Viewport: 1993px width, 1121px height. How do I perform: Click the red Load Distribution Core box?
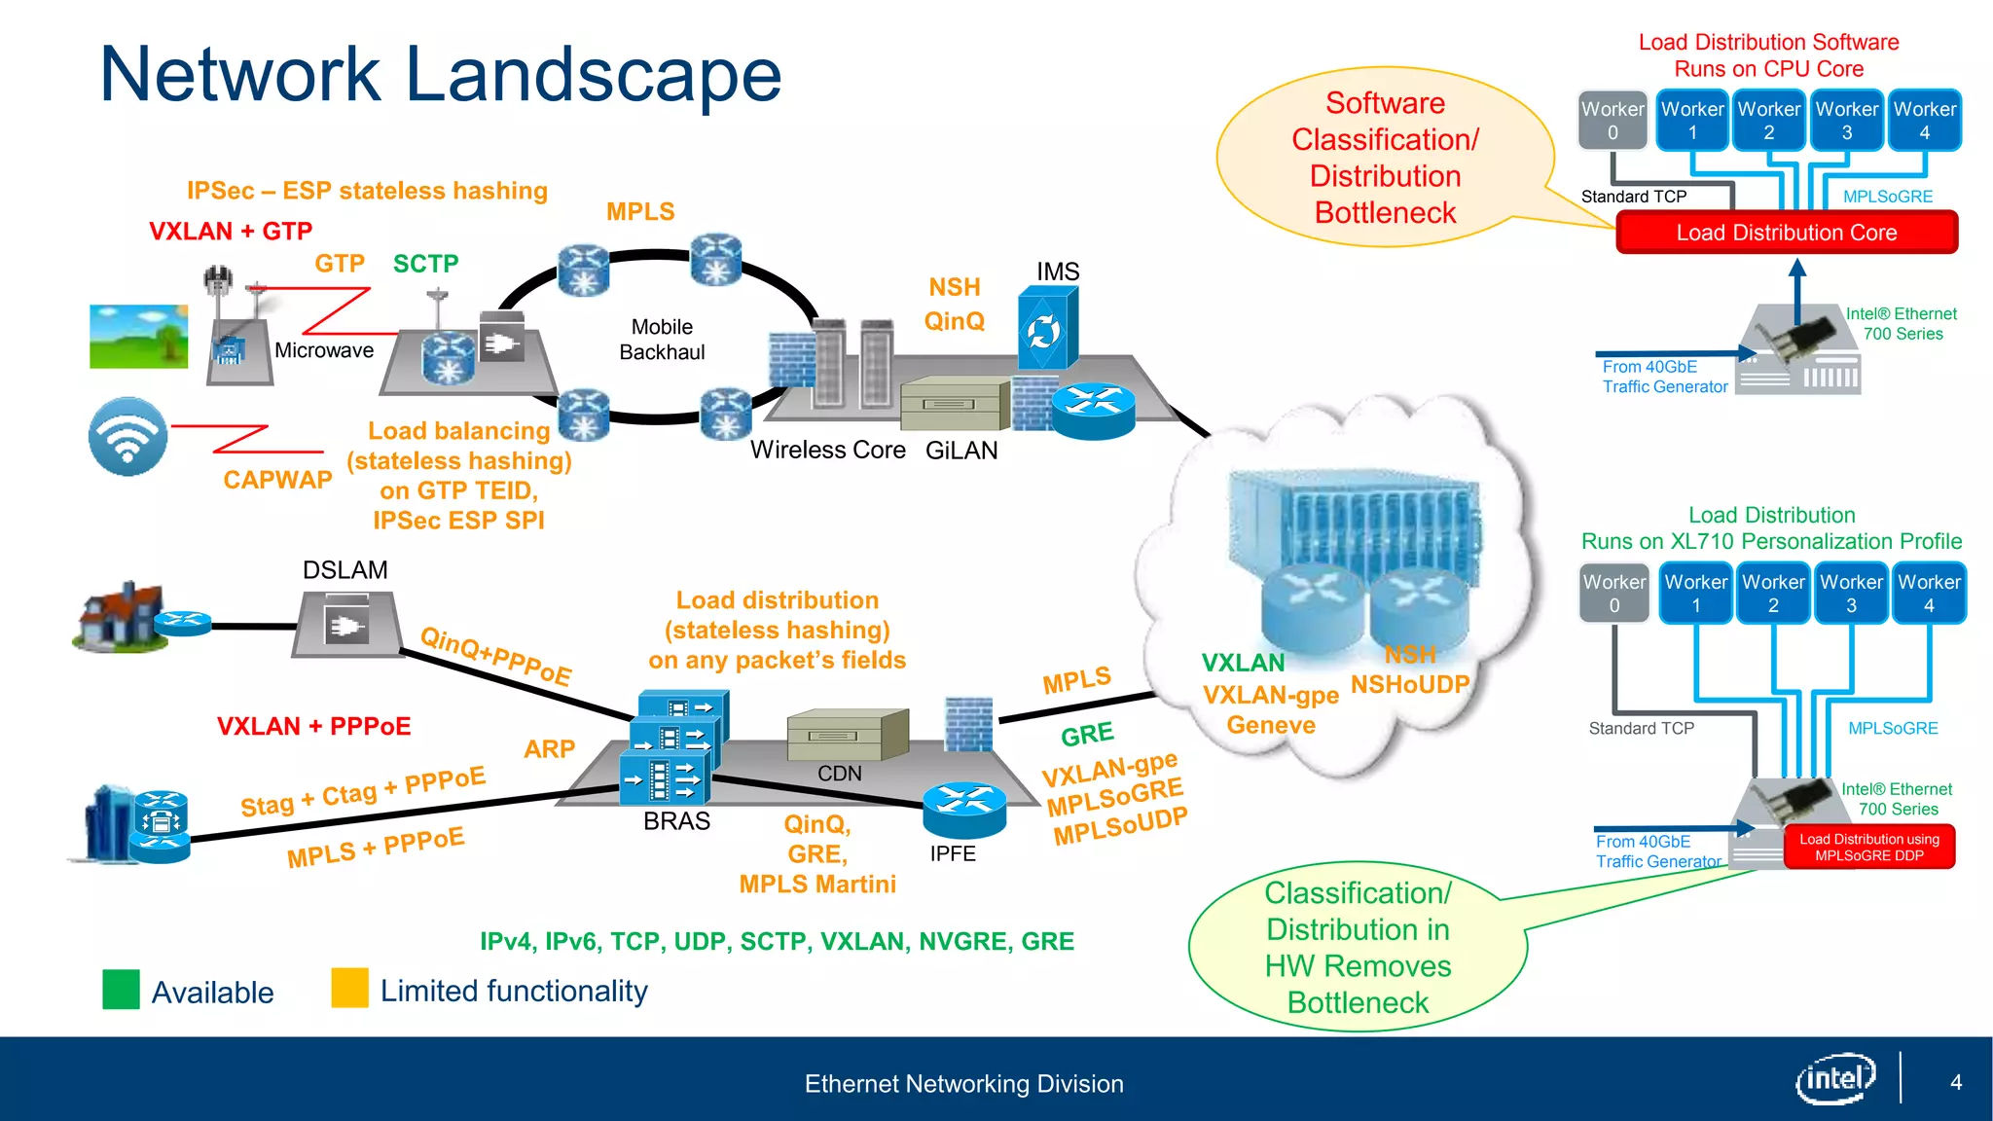(x=1786, y=233)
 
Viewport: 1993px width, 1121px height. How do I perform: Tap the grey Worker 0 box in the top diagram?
(x=1613, y=121)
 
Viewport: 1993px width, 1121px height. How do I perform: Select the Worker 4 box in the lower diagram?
(x=1928, y=594)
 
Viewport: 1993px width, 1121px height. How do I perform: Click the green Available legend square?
(x=122, y=990)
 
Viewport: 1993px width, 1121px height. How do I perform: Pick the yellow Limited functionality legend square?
(x=349, y=988)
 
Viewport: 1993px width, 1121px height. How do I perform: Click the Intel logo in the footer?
(x=1834, y=1078)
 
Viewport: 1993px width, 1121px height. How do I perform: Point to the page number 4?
(x=1955, y=1082)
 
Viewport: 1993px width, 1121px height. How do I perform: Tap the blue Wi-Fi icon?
(x=127, y=436)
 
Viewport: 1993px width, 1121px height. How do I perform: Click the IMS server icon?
(x=1046, y=328)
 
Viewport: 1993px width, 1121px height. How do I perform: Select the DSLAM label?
(x=344, y=570)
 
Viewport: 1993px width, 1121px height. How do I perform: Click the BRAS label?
(x=676, y=821)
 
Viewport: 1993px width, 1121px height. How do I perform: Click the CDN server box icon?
(x=846, y=735)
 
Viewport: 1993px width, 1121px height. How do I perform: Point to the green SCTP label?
(x=425, y=264)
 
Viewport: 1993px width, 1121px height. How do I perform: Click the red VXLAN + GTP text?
(x=231, y=232)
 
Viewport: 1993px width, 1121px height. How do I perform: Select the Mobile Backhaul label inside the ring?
(x=662, y=340)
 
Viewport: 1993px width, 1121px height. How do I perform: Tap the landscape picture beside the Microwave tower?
(x=138, y=337)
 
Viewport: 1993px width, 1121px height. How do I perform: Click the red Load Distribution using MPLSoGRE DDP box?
(x=1868, y=847)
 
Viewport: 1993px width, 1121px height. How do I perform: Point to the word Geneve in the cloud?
(x=1270, y=725)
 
